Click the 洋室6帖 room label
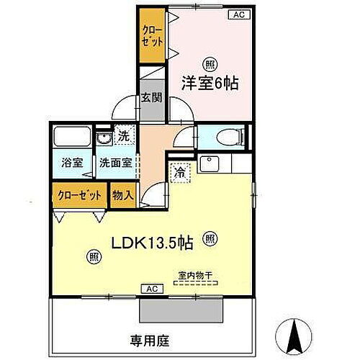tap(210, 84)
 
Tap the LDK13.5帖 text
tap(150, 243)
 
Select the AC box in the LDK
tap(151, 289)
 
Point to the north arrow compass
tap(296, 336)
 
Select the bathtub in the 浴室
tap(71, 137)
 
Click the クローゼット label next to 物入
tap(79, 194)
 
